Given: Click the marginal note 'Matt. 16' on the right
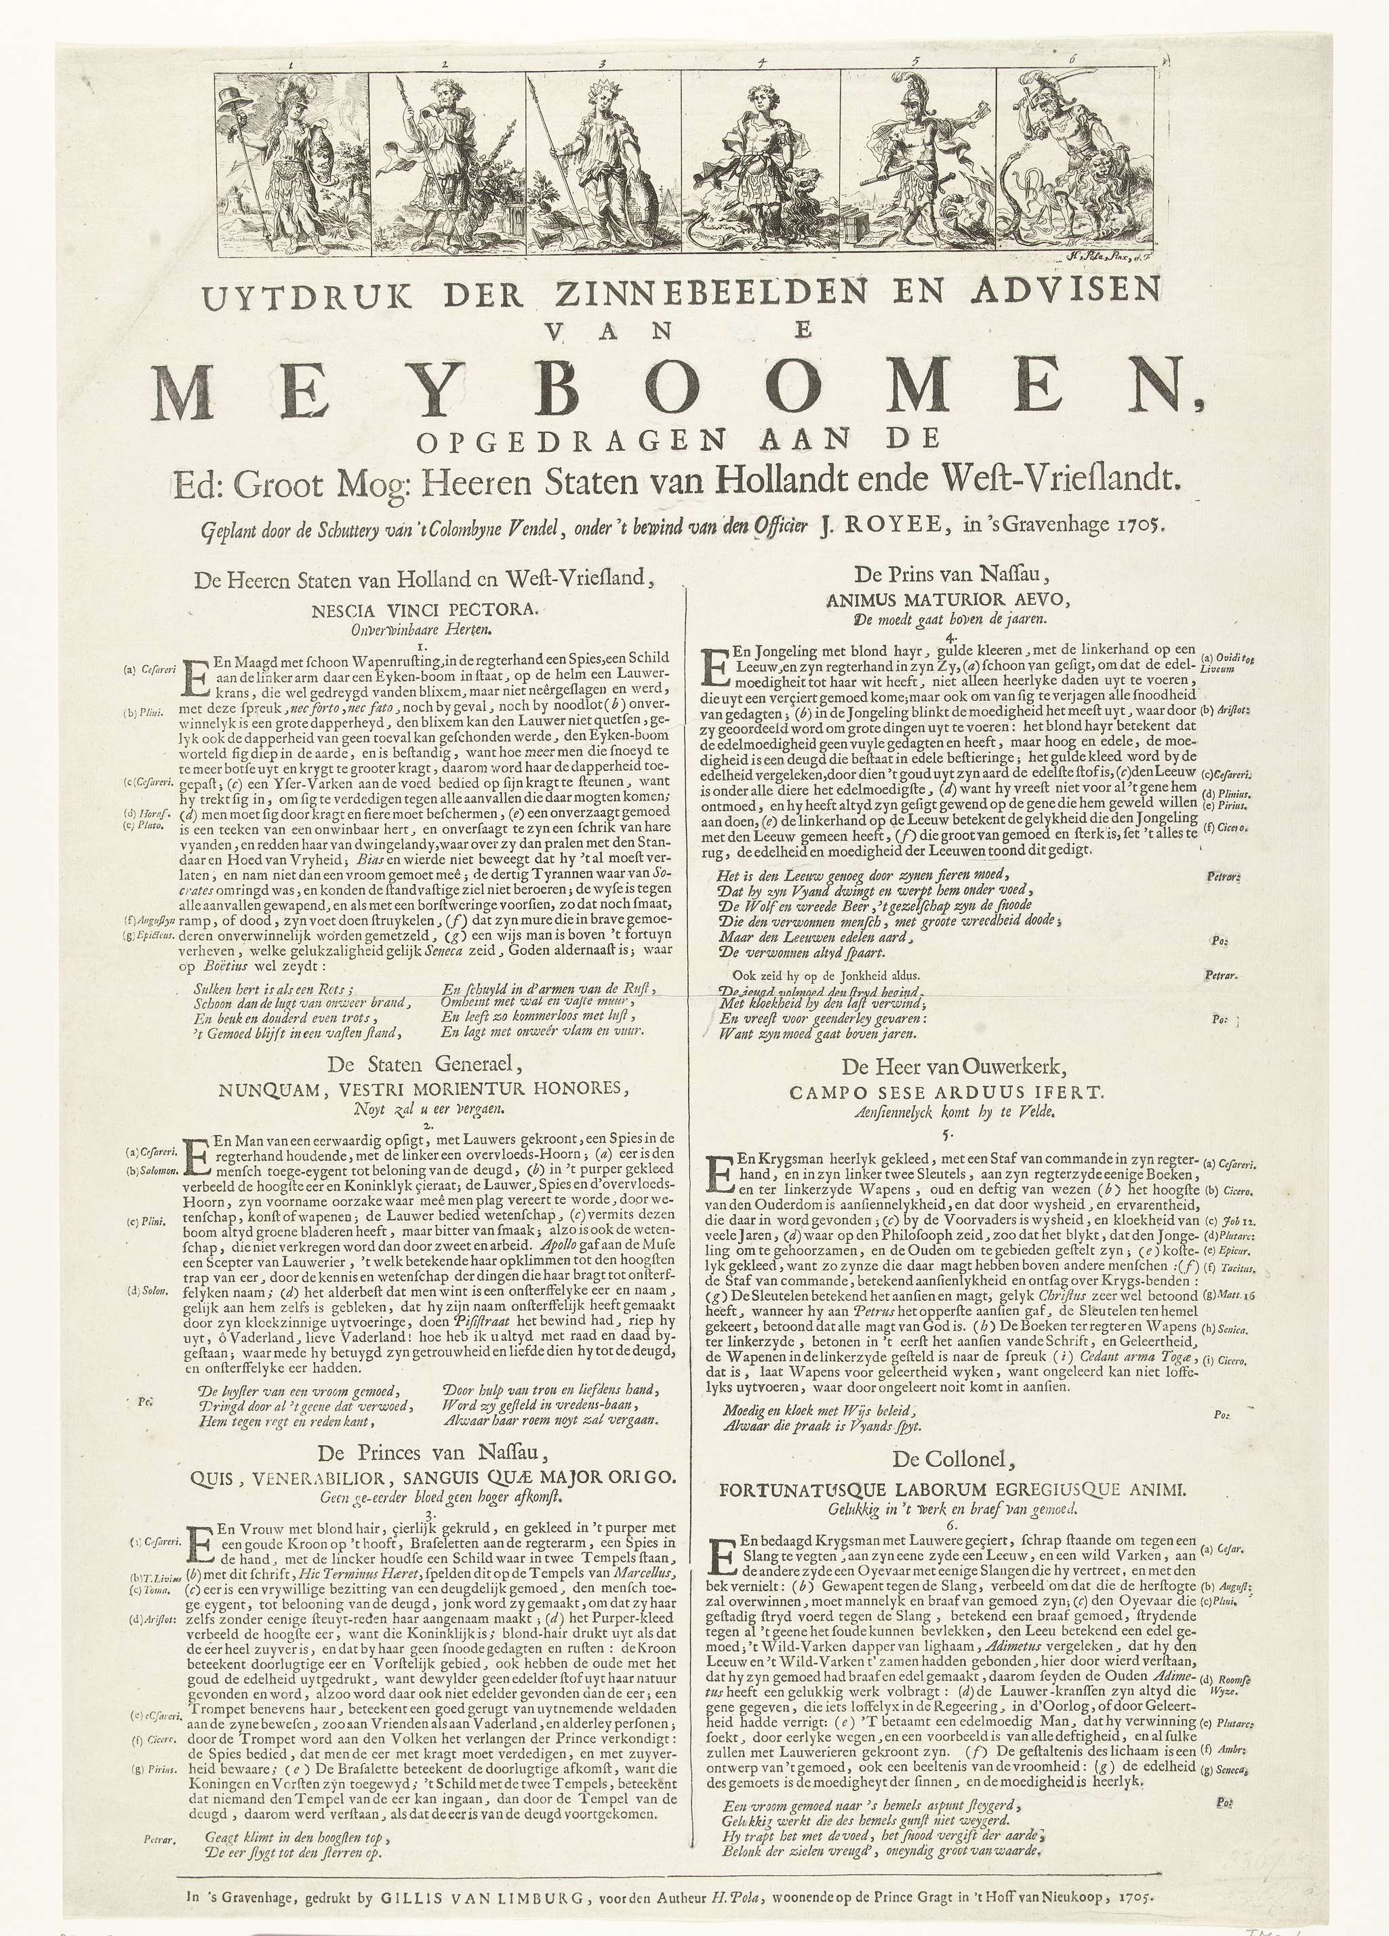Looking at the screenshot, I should click(x=1224, y=1294).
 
